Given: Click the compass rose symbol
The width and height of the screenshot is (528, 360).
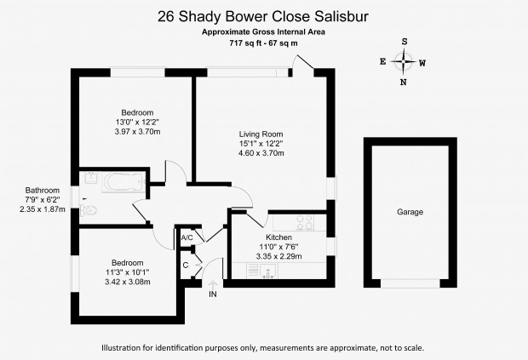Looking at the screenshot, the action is [x=404, y=62].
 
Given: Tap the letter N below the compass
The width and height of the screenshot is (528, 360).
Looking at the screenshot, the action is [x=404, y=83].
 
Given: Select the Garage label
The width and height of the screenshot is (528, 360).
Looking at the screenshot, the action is [x=410, y=212].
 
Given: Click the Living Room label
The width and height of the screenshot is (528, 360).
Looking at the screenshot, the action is [x=261, y=134].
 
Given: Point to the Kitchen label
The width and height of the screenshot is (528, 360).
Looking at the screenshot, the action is [x=278, y=237].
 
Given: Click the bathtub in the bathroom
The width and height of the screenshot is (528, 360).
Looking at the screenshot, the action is [x=123, y=182].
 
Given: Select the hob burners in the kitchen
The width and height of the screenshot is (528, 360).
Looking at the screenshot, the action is [x=305, y=223].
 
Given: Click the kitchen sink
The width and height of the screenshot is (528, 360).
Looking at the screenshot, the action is [x=268, y=271].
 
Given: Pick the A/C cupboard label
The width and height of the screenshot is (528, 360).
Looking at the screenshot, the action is [x=187, y=237].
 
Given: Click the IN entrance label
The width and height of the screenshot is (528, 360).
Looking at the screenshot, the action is [x=213, y=294].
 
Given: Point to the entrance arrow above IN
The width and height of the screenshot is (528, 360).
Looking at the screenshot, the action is [x=213, y=284].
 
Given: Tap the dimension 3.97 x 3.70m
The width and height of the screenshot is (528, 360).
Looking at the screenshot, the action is [x=137, y=132].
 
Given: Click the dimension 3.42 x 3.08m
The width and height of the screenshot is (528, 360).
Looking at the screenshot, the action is [x=128, y=282].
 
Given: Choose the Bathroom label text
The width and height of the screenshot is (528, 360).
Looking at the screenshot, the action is [x=43, y=191].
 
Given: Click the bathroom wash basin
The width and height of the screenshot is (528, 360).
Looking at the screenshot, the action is [x=91, y=178].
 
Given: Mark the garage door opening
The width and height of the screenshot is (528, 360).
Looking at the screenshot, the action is [x=410, y=283].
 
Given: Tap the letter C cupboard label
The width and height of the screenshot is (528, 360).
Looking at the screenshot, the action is [x=186, y=266].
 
